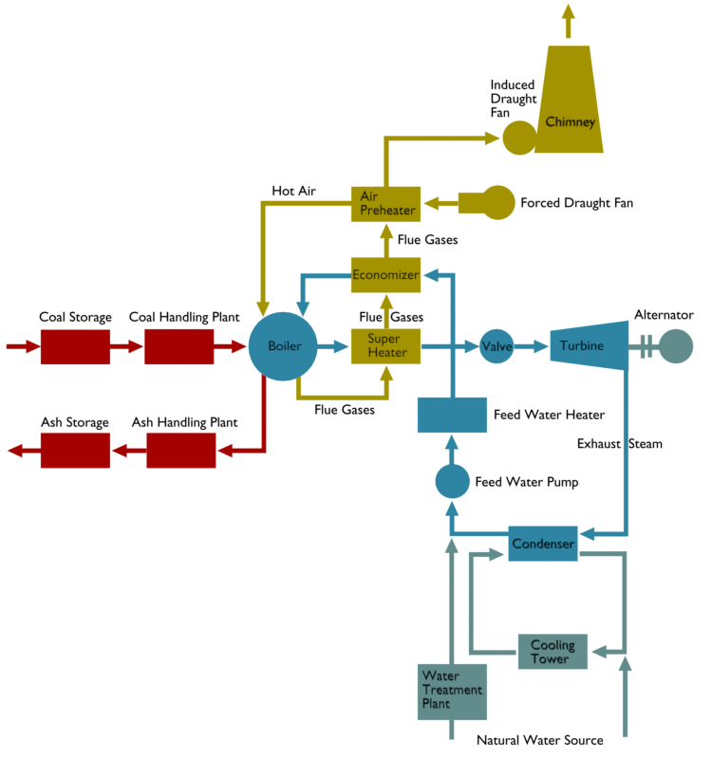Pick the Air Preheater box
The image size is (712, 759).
tap(386, 203)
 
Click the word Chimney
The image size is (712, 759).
tap(571, 122)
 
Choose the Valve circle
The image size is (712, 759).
tap(497, 346)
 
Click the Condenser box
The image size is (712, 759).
tap(543, 544)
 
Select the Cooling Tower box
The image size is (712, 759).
tap(553, 652)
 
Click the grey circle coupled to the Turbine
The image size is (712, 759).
tap(676, 346)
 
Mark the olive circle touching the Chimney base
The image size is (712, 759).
tap(518, 138)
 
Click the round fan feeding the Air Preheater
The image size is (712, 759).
tap(493, 203)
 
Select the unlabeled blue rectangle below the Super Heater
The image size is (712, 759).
tap(452, 415)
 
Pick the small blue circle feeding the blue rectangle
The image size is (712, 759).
tap(452, 482)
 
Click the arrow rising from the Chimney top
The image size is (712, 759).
tap(569, 19)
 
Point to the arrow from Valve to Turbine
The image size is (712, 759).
tap(533, 346)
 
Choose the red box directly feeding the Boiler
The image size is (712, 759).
tap(178, 347)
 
